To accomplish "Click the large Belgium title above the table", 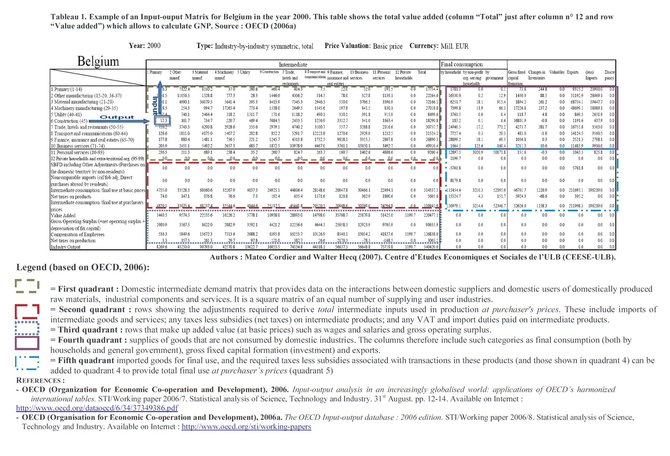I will point(98,61).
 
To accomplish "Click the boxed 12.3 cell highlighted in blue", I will point(162,121).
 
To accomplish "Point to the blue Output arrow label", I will point(117,117).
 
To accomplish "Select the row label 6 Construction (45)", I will point(69,121).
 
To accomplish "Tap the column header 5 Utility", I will point(244,72).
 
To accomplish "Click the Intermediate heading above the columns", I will point(293,64).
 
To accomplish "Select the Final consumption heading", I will point(462,64).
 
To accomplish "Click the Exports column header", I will point(572,72).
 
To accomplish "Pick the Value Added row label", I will point(63,216).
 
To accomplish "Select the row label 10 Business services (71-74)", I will point(77,146).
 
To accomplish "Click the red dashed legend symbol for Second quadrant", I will point(27,311).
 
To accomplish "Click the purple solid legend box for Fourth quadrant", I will point(27,343).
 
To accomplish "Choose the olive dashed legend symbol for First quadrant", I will point(27,286).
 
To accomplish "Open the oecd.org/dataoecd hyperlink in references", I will point(97,408).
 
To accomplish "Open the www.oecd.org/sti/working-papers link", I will point(246,427).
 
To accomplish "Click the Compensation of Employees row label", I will point(77,235).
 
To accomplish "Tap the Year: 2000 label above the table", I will point(144,46).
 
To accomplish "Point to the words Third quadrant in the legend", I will point(88,330).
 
